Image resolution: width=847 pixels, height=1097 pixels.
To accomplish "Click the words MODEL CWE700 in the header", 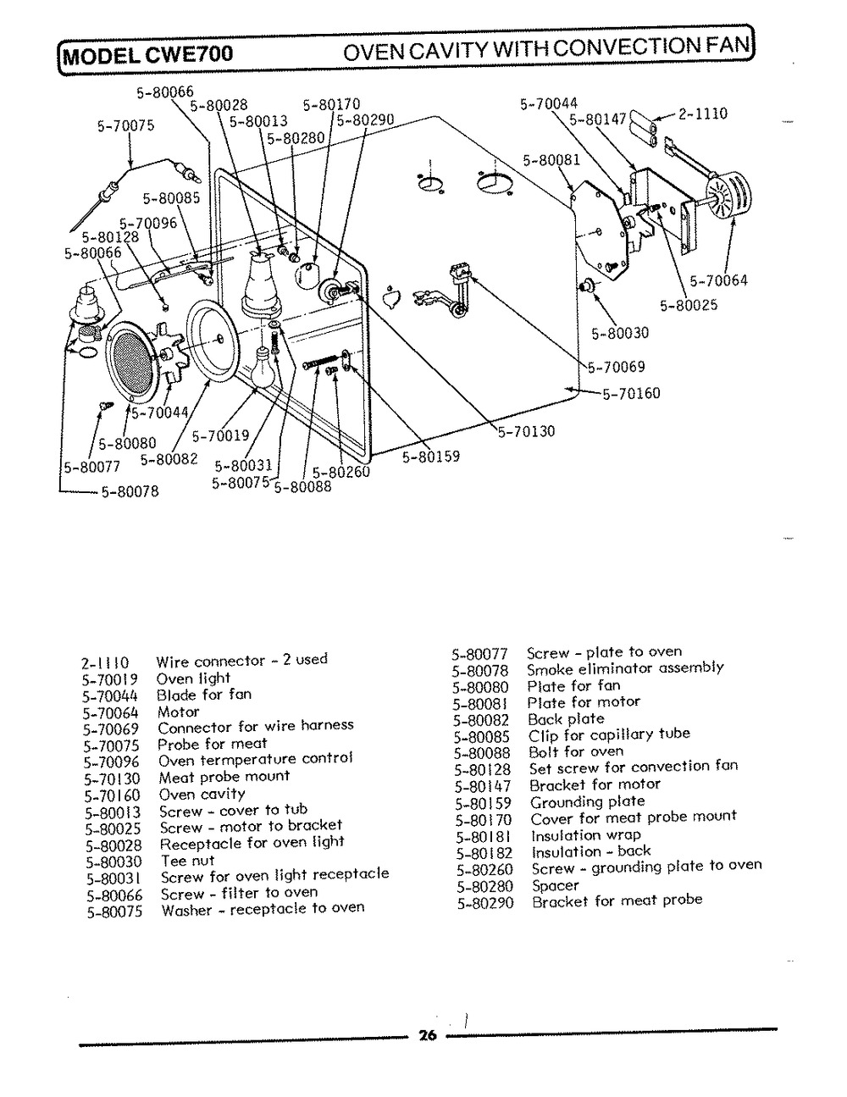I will pos(147,57).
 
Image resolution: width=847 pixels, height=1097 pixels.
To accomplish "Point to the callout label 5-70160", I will pos(631,393).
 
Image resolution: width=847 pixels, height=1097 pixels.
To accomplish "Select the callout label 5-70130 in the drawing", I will pos(526,431).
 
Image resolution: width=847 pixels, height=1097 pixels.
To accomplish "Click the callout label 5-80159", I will pos(431,457).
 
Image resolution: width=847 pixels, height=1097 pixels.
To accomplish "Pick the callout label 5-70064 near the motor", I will pos(718,280).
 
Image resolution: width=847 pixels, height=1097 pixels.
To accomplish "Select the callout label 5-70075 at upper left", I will pos(125,126).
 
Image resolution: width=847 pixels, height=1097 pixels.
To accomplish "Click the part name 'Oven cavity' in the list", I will pos(202,794).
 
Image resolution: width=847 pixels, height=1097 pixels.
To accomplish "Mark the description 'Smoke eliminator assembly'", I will pos(625,668).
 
